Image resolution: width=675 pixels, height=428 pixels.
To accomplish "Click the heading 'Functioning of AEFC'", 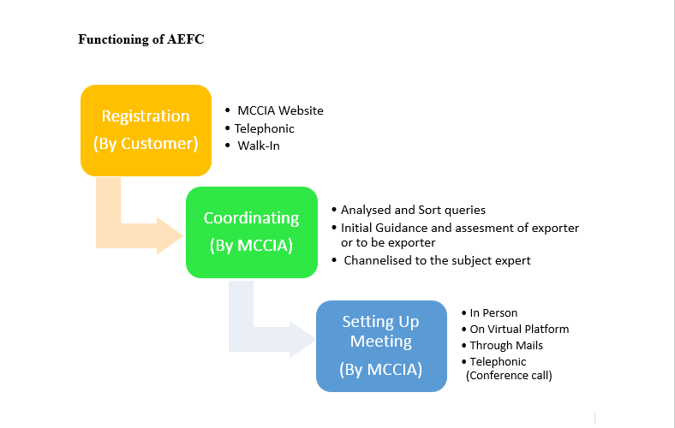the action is tap(140, 39).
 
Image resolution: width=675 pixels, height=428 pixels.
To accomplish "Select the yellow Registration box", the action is tap(146, 130).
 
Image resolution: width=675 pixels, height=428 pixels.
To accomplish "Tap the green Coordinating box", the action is tap(252, 232).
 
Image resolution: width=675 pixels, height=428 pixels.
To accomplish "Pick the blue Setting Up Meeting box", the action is tap(381, 347).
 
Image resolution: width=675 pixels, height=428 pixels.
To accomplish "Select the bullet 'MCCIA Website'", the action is tap(280, 110).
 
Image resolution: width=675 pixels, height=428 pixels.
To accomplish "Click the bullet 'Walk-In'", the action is tap(259, 146).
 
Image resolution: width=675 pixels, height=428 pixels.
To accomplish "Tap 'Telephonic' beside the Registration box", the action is tap(265, 128).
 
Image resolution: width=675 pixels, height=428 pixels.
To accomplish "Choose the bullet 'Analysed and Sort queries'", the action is tap(413, 210).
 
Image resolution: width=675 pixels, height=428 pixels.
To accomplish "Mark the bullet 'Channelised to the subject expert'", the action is tap(437, 261).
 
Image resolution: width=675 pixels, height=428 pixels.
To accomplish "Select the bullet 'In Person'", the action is tap(493, 312).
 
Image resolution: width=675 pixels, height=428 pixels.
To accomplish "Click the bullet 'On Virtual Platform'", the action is tap(519, 329).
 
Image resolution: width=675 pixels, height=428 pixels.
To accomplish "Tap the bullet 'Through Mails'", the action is tap(506, 346).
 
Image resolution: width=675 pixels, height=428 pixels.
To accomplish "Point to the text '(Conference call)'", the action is tap(509, 376).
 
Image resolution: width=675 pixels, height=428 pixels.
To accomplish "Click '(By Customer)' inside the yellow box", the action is tap(146, 144).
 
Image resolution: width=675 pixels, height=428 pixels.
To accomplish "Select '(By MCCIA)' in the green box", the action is tap(251, 246).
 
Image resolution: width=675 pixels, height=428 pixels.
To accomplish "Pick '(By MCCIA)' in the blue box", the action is tap(381, 370).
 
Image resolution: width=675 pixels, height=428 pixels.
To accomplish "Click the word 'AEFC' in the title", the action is tap(186, 39).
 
